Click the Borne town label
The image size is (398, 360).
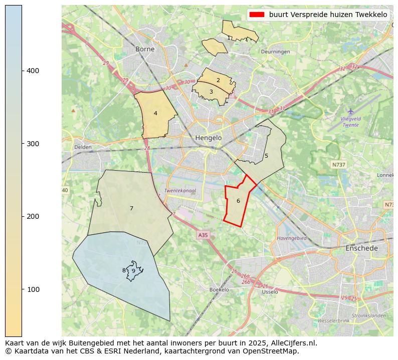(145, 49)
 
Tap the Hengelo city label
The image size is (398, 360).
(208, 138)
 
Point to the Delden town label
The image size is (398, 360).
(83, 147)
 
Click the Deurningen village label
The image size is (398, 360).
(275, 52)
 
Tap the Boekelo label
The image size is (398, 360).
(219, 290)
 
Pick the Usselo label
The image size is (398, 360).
(270, 292)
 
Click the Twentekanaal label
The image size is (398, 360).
(180, 191)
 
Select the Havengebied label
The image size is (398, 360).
(291, 238)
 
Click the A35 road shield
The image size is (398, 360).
(203, 235)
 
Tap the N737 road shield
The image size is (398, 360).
(338, 164)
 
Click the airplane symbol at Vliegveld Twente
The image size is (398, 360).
(350, 111)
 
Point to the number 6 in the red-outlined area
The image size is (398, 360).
(238, 201)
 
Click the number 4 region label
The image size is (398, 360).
(155, 114)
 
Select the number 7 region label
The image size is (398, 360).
(131, 208)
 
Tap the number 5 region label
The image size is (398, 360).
(266, 156)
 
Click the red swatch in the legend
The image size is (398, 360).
(257, 15)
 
